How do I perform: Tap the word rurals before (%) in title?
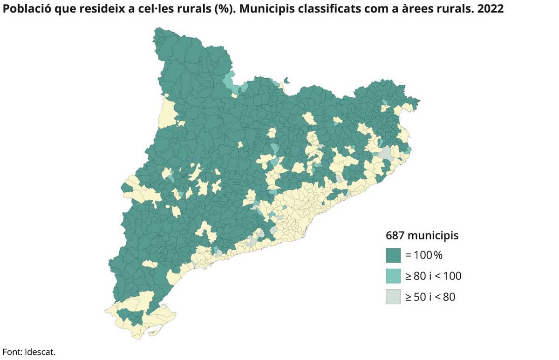pyautogui.click(x=209, y=9)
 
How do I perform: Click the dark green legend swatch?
pyautogui.click(x=393, y=255)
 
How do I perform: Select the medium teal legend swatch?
pyautogui.click(x=393, y=276)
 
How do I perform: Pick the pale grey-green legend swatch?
pyautogui.click(x=393, y=296)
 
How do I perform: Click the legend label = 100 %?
pyautogui.click(x=423, y=255)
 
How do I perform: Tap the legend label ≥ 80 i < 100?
pyautogui.click(x=433, y=276)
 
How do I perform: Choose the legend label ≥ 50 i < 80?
pyautogui.click(x=430, y=296)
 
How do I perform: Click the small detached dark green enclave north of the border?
pyautogui.click(x=286, y=81)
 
